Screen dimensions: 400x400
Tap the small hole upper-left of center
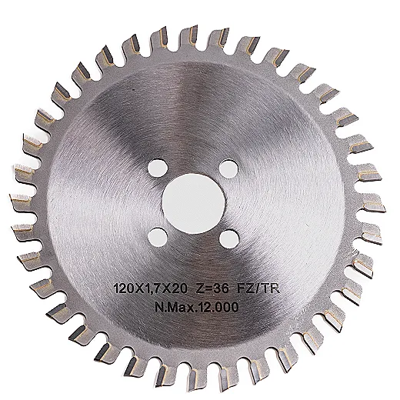[158, 168]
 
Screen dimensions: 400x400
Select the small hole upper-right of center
[228, 168]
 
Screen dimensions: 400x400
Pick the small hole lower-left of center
[158, 238]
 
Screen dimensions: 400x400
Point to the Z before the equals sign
[200, 289]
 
